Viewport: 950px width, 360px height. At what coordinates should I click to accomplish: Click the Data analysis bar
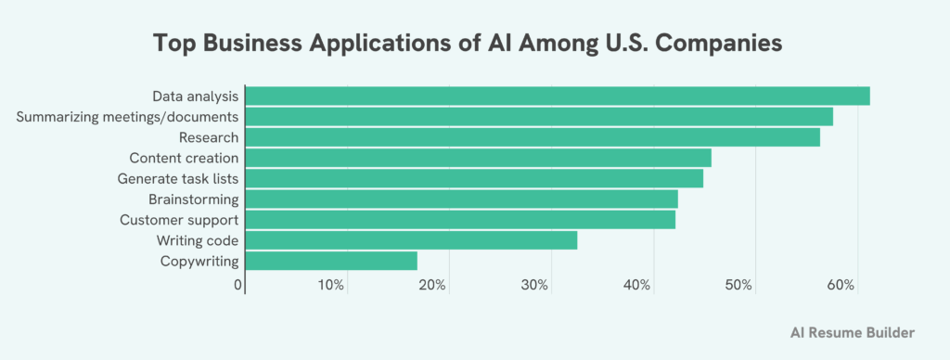(x=558, y=96)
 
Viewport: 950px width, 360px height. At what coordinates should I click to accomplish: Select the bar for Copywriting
(x=331, y=261)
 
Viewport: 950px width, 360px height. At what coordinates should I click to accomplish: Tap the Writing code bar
(x=411, y=240)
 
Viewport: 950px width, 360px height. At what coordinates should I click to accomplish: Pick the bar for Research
(x=533, y=137)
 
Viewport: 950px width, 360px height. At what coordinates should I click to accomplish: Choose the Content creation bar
(x=478, y=158)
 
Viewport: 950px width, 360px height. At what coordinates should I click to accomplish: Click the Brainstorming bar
(x=461, y=199)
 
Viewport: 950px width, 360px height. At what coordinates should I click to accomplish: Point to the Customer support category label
(x=179, y=220)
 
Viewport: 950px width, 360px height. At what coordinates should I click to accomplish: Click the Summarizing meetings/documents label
(x=128, y=117)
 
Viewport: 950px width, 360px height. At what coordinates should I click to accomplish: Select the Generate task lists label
(x=178, y=178)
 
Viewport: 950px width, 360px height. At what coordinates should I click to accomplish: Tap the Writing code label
(x=198, y=240)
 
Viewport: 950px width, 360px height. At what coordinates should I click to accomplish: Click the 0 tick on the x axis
(x=238, y=284)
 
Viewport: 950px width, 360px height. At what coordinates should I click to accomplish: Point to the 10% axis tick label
(x=331, y=284)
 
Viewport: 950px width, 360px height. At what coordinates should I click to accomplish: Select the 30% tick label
(x=534, y=284)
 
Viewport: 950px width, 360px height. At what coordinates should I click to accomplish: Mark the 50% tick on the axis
(x=738, y=284)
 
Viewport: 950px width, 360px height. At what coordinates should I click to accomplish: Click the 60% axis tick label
(x=841, y=284)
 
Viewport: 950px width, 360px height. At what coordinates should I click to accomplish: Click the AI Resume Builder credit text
(x=853, y=331)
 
